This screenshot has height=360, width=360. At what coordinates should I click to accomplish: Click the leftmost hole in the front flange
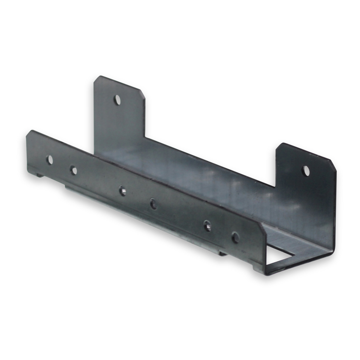(x=50, y=159)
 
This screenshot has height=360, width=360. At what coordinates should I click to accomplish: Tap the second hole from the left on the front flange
(x=74, y=170)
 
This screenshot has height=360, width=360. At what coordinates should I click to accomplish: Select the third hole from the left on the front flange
(x=122, y=191)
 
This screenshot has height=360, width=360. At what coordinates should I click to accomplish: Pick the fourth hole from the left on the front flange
(x=153, y=204)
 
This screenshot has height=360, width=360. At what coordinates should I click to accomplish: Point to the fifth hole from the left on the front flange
(x=207, y=226)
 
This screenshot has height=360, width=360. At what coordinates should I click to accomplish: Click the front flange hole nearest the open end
(x=235, y=238)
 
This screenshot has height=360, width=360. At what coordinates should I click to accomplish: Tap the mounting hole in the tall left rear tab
(x=117, y=99)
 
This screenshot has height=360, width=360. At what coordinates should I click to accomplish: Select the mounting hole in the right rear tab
(x=306, y=170)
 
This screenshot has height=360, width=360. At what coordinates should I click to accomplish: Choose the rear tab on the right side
(x=306, y=190)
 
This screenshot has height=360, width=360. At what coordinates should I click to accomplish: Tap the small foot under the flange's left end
(x=40, y=175)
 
